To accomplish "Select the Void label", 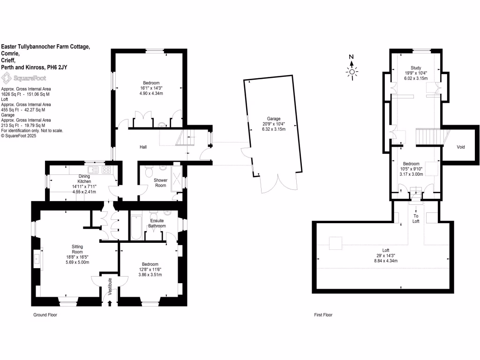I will coord(461,147).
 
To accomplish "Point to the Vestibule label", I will coord(110,285).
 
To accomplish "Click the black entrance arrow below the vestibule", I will coord(110,303).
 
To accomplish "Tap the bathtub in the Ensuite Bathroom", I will coord(136,227).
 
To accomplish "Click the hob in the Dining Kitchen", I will coord(106,170).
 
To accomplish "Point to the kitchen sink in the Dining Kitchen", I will coord(92,170).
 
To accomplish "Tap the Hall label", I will coord(143,147).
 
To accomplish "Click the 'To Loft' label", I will coord(416,218).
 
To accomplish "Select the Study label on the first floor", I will coord(416,67).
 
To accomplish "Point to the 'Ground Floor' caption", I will coord(45,315).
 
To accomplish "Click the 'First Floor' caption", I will coord(323,315).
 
